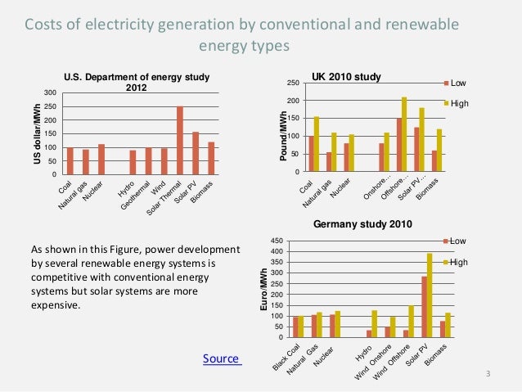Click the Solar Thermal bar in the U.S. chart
point(180,140)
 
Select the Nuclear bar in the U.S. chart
point(101,159)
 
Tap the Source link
point(222,358)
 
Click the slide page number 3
point(488,375)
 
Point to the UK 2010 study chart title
point(347,77)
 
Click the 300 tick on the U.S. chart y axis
point(51,92)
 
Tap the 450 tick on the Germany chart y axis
point(277,241)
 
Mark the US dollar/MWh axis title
point(36,133)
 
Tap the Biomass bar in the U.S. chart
point(211,158)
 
